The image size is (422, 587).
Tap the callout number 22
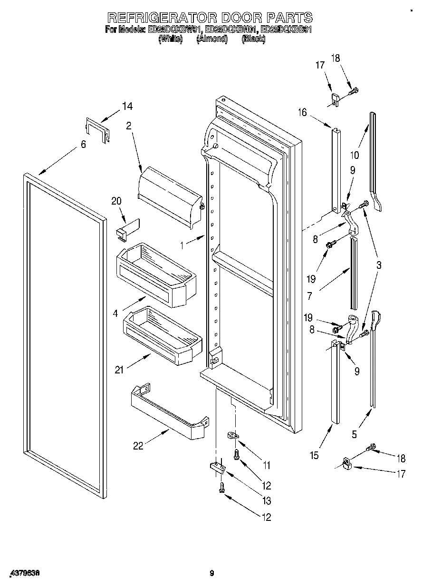pyautogui.click(x=138, y=446)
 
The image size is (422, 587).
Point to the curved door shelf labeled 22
pyautogui.click(x=169, y=412)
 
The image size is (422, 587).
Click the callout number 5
pyautogui.click(x=354, y=434)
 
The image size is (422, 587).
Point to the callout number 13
pyautogui.click(x=267, y=500)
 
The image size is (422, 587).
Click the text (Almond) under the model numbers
pyautogui.click(x=212, y=39)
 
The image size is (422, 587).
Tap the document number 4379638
pyautogui.click(x=23, y=574)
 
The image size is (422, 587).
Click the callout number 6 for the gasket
pyautogui.click(x=83, y=144)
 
